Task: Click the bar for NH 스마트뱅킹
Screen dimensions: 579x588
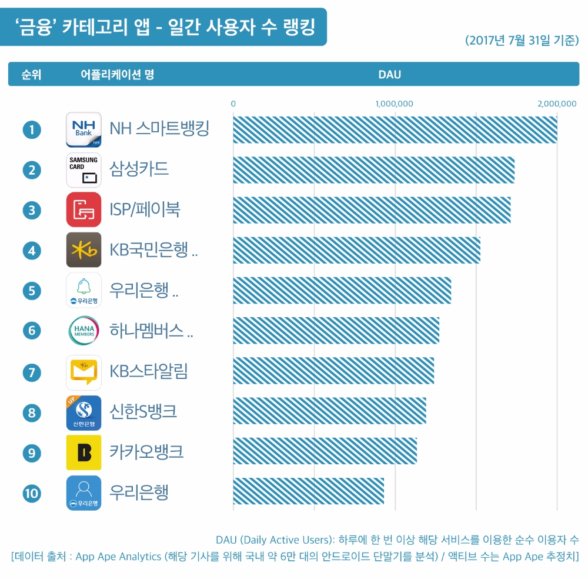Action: coord(395,129)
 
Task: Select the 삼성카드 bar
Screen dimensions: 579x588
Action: coord(373,170)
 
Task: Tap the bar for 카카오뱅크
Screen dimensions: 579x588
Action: coord(325,451)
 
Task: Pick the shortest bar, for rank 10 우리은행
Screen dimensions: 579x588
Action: coord(308,491)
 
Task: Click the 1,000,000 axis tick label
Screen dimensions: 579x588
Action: coord(395,104)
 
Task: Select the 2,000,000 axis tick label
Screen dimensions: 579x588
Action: coord(557,104)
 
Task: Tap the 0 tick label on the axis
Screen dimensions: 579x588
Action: coord(233,104)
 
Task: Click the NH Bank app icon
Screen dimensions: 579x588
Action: coord(83,129)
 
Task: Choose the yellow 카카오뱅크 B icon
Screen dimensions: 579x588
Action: coord(83,452)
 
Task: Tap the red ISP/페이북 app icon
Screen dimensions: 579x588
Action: coord(83,209)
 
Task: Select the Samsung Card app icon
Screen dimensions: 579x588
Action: coord(83,169)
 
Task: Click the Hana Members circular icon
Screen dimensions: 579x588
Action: coord(83,331)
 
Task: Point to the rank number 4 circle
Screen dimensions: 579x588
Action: coord(32,251)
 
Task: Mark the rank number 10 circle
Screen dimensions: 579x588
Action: coord(32,493)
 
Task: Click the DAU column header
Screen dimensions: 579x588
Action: coord(389,75)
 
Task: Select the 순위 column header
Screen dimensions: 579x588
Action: coord(31,75)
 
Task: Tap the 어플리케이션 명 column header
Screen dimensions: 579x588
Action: coord(117,75)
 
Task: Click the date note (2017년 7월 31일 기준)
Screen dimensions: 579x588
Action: coord(522,41)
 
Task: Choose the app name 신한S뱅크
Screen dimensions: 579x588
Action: coord(143,411)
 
